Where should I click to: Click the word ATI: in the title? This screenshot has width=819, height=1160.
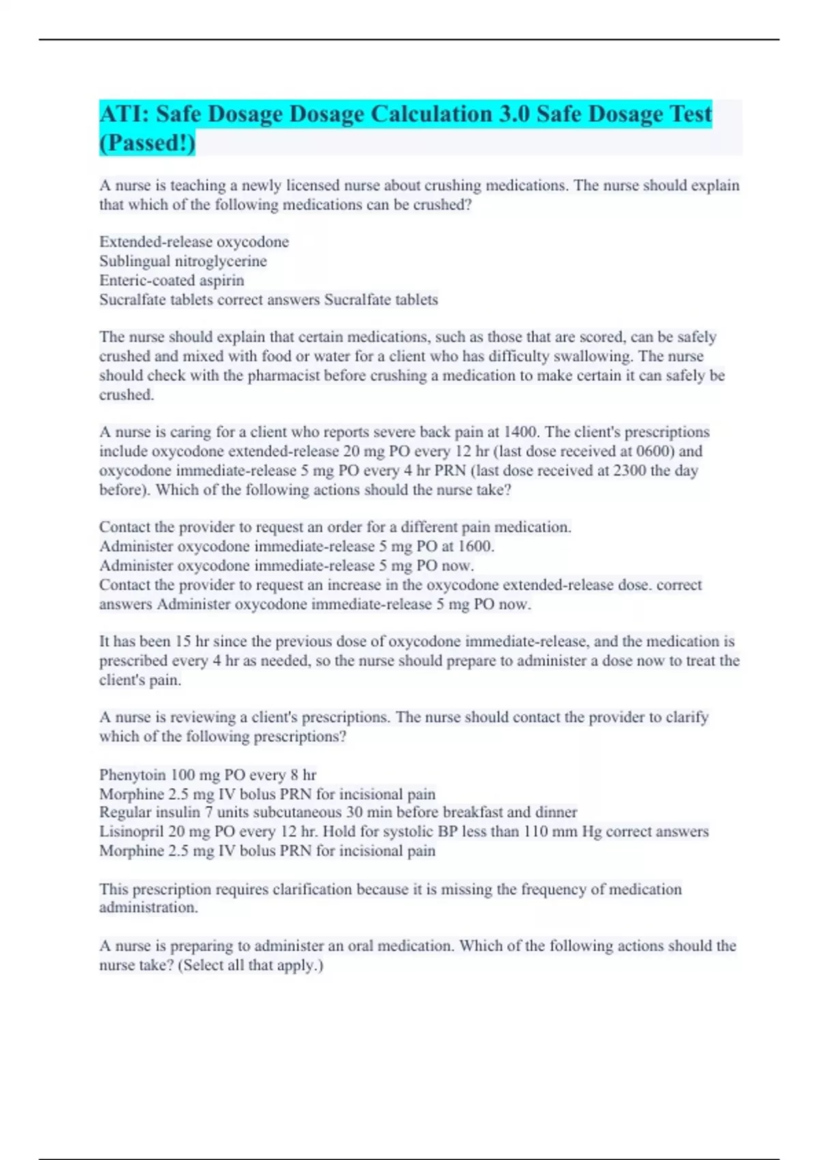tap(124, 114)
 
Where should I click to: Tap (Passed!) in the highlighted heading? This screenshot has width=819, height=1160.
tap(147, 143)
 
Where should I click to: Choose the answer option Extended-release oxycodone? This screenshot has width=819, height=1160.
tap(194, 242)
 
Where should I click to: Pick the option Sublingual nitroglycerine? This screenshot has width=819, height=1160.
tap(183, 261)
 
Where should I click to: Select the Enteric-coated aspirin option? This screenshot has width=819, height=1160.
tap(171, 280)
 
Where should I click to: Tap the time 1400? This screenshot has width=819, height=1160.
tap(520, 432)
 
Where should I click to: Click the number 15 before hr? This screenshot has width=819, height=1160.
tap(183, 641)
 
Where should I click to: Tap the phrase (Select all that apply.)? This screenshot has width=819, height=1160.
tap(250, 965)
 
